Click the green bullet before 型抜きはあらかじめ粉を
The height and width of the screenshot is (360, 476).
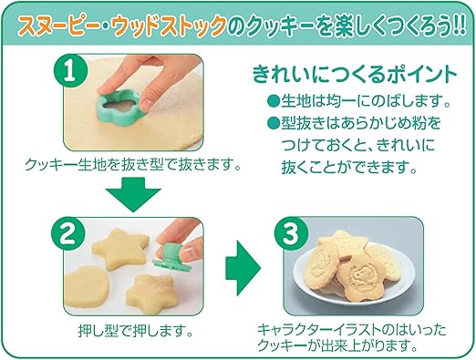[x=271, y=122]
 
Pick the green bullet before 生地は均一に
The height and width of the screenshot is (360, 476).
[x=271, y=99]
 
